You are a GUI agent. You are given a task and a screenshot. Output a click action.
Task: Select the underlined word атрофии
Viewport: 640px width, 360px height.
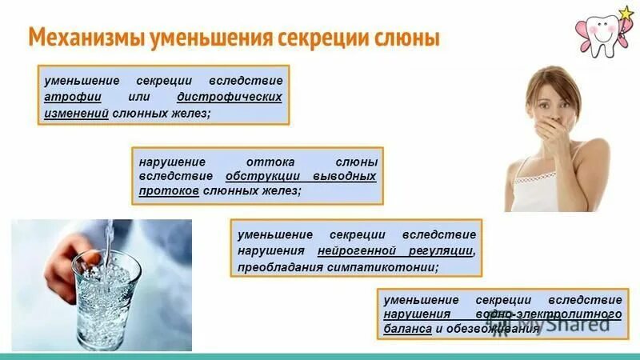[70, 97]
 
